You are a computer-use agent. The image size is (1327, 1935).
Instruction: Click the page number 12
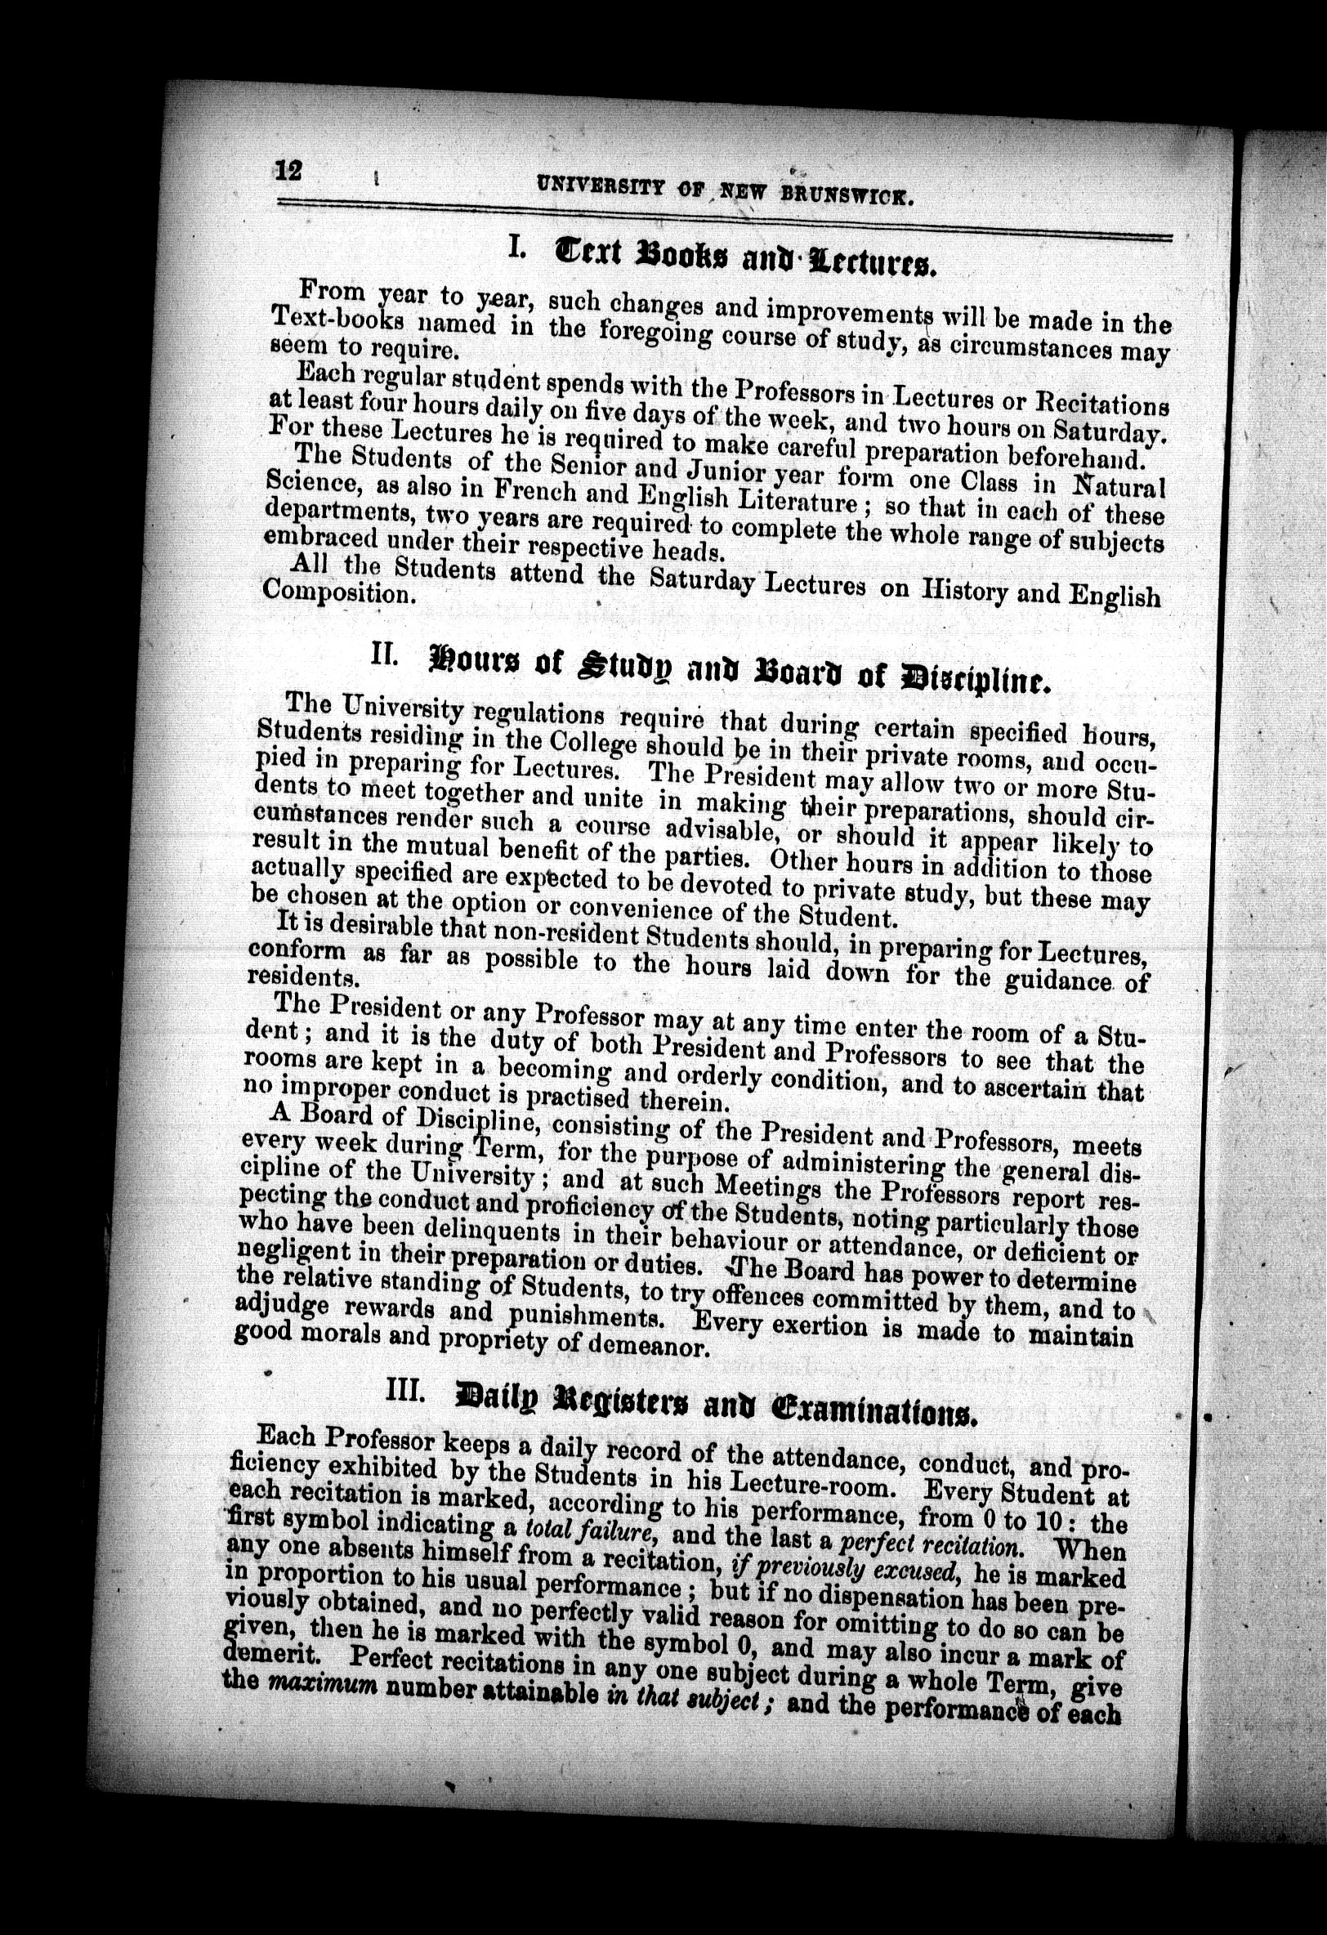click(x=289, y=171)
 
